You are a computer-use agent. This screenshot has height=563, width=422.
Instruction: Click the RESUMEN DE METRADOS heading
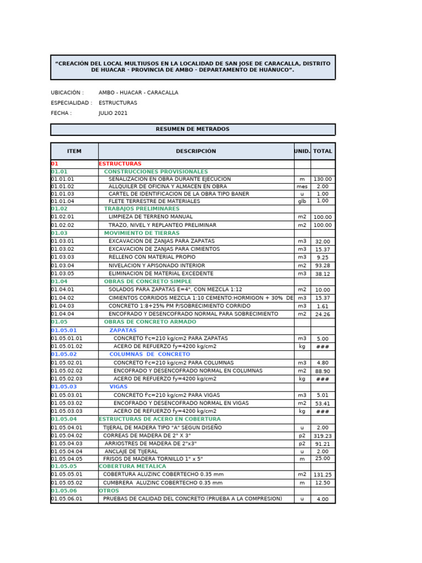[192, 129]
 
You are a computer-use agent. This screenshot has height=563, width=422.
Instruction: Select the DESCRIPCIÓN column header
[196, 151]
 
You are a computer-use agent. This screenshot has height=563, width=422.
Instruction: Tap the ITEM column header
[74, 151]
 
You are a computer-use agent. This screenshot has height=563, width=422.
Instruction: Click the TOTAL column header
[323, 151]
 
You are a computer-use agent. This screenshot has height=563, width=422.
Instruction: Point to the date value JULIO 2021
[113, 113]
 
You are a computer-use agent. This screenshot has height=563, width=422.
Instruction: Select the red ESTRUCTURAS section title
[120, 164]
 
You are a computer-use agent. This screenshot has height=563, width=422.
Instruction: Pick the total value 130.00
[323, 179]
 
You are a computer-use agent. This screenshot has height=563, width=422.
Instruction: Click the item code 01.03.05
[63, 273]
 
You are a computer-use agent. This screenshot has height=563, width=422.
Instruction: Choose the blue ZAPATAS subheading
[123, 330]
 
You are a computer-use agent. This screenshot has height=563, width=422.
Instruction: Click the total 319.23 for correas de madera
[323, 436]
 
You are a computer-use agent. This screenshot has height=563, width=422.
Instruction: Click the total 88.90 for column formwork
[323, 371]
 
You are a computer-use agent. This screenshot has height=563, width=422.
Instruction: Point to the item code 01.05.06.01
[66, 499]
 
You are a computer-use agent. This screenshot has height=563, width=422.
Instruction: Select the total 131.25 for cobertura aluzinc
[323, 474]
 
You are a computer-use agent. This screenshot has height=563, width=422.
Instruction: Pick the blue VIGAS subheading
[118, 387]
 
